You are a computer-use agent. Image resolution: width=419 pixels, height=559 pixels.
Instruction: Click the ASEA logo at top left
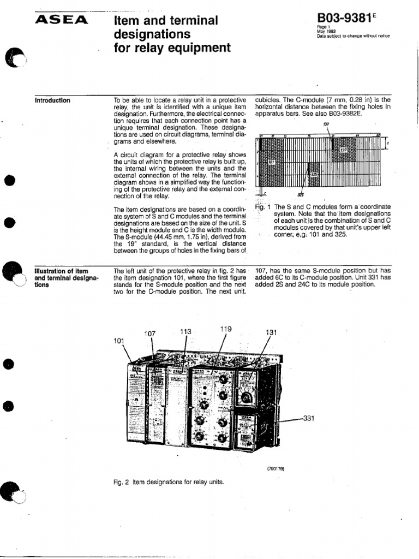[x=61, y=20]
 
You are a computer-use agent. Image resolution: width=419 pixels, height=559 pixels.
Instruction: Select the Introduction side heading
[x=52, y=100]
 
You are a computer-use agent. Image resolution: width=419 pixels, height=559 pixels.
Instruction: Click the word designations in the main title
[x=152, y=34]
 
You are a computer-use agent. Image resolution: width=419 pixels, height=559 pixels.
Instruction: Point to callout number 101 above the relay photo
[x=119, y=341]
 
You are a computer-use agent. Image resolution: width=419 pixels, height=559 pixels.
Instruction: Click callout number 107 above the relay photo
[x=150, y=334]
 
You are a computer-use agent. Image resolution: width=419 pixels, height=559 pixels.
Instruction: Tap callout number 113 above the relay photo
[x=186, y=331]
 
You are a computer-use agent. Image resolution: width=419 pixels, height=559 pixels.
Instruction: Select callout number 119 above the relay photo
[x=226, y=329]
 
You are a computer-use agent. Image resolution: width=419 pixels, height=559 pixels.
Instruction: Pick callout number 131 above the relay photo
[x=272, y=332]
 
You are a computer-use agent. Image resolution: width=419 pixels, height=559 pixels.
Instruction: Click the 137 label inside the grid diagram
[x=343, y=149]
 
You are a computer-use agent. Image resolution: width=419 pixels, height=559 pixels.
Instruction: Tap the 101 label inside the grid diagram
[x=271, y=162]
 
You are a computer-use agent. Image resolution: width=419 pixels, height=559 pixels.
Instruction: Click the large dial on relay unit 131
[x=248, y=397]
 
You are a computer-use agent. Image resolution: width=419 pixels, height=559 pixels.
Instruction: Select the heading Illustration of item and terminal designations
[x=65, y=276]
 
